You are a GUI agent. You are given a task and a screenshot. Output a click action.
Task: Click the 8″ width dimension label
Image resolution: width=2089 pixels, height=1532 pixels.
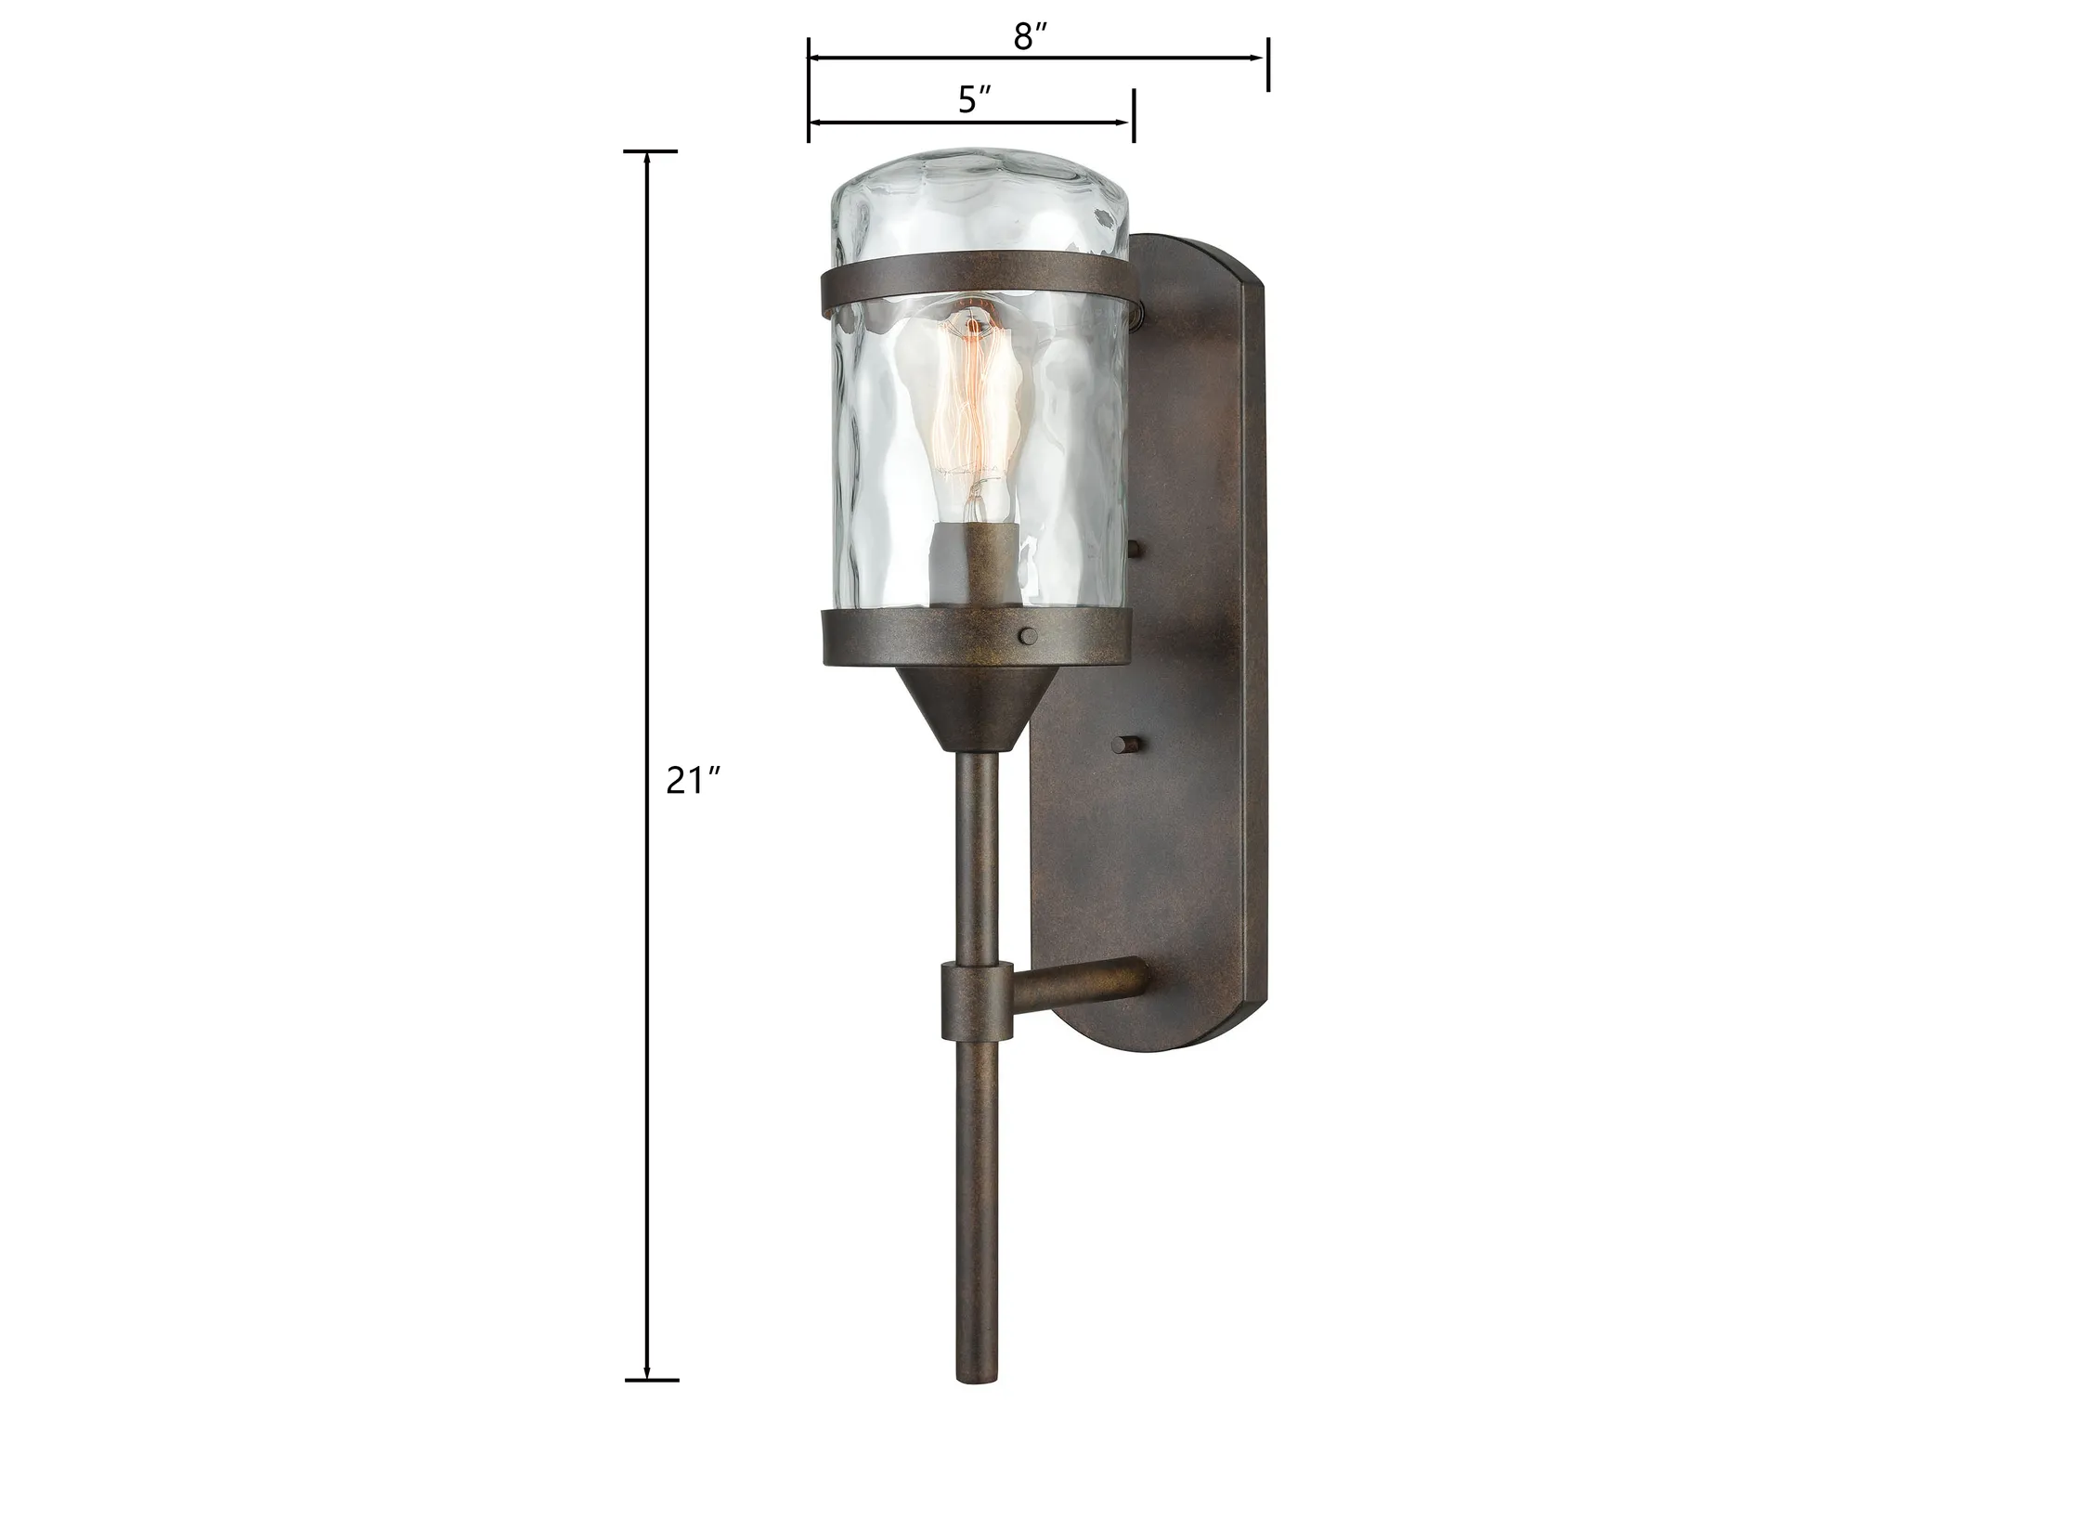point(1030,36)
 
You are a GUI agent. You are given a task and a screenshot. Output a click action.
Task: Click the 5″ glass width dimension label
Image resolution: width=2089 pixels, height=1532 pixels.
point(975,99)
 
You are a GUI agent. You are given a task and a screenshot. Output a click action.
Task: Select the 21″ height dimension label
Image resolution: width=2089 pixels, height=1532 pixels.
point(694,781)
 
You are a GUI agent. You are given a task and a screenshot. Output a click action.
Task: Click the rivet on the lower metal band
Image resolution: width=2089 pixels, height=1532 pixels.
point(1028,636)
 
